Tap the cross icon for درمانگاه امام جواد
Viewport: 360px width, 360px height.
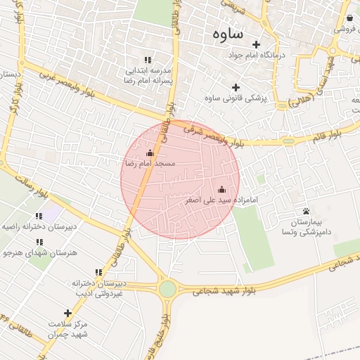pos(256,44)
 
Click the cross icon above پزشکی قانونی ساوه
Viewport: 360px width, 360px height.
pos(236,87)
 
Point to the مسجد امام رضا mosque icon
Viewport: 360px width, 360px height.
pos(149,153)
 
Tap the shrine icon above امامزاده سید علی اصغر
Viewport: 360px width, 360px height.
pos(222,189)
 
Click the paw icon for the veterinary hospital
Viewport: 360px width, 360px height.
pos(306,211)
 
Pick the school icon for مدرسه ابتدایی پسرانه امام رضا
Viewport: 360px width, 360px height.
pos(148,60)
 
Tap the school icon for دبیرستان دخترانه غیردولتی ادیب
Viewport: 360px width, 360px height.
pos(98,272)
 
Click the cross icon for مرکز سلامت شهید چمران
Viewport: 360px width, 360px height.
pos(67,313)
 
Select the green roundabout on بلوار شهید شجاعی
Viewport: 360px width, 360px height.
pos(167,288)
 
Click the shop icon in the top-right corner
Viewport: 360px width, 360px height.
pos(350,18)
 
